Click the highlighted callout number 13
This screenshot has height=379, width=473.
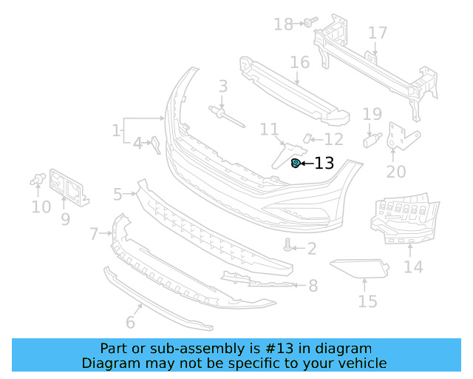click(x=324, y=164)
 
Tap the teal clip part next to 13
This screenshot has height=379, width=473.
click(x=296, y=163)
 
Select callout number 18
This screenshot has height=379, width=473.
click(x=283, y=24)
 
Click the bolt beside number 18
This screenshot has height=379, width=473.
click(x=307, y=24)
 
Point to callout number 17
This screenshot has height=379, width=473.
click(x=378, y=33)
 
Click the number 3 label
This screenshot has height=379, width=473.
click(x=222, y=87)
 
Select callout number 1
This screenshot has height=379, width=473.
click(x=116, y=131)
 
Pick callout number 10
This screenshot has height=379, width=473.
click(x=41, y=207)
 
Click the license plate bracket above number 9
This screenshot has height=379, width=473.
click(x=70, y=186)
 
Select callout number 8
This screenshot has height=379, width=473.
click(x=313, y=285)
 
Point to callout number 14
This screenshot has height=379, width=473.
click(x=413, y=266)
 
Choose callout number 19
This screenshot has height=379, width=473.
click(x=372, y=114)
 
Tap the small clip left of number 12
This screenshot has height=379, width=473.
click(x=310, y=138)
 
